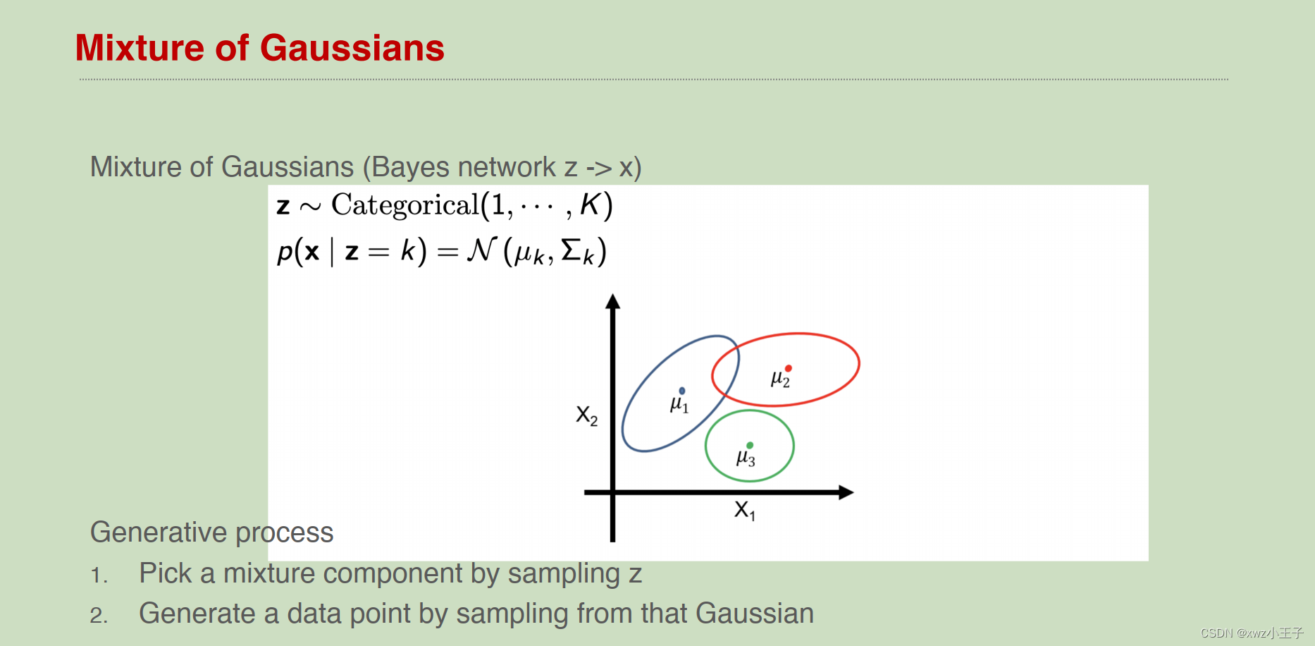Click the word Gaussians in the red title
pos(352,49)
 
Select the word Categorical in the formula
pos(405,205)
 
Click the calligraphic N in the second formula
pos(482,250)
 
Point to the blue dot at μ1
pos(682,391)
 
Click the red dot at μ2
pos(789,368)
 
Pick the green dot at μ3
pos(750,445)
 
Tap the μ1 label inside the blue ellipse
pos(679,405)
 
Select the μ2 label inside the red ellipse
pos(780,379)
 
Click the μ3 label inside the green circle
pos(745,458)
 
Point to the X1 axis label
pos(744,510)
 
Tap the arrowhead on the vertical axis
pos(613,302)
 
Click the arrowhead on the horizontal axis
pos(846,492)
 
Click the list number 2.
pos(99,616)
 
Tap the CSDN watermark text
pos(1252,633)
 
